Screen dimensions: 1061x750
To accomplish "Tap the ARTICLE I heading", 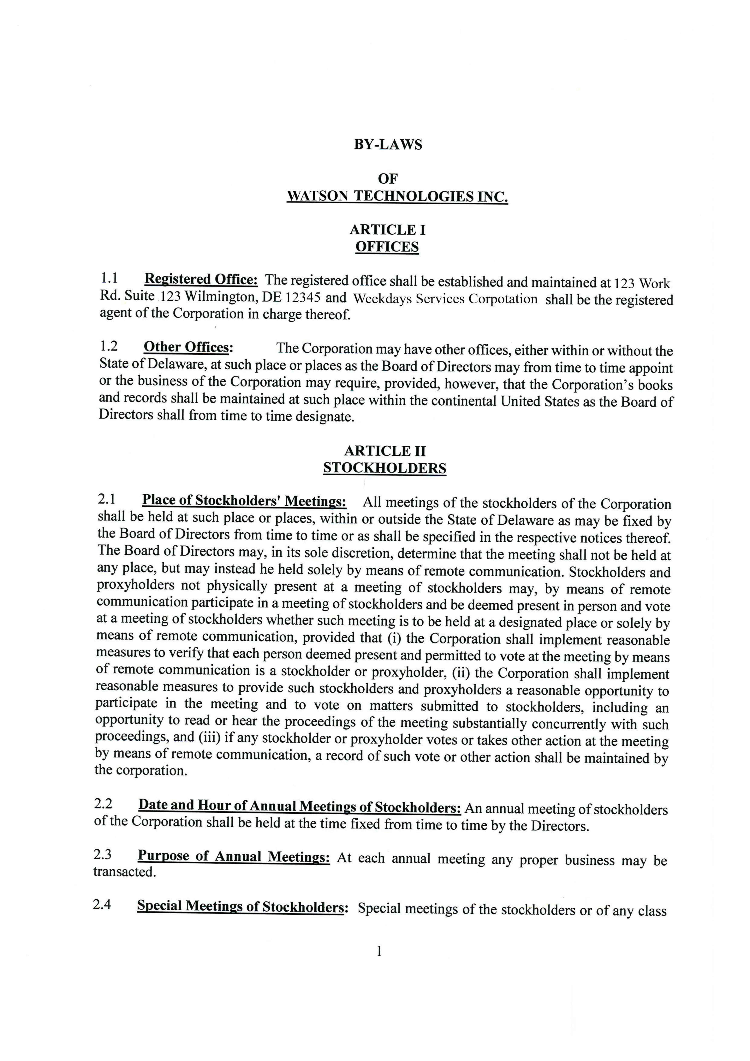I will (387, 230).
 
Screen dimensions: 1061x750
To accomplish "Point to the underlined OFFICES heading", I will (387, 247).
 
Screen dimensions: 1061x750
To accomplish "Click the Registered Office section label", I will (201, 280).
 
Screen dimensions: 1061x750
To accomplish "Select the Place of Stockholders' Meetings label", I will (244, 500).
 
